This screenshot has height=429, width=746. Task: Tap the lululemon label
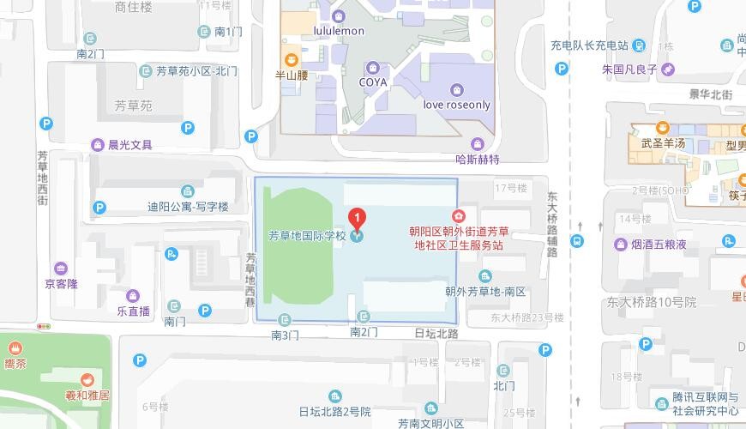339,31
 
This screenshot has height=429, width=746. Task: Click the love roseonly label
457,105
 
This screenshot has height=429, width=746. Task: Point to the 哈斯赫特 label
478,159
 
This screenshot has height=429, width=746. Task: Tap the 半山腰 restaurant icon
291,59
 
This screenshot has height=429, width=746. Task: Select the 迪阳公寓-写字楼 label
188,207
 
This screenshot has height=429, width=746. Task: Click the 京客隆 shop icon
61,268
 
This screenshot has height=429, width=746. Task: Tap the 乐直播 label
134,311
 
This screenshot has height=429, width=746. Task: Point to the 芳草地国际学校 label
306,236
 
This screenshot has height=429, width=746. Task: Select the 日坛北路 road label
436,333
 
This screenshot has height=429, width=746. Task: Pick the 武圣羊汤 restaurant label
663,143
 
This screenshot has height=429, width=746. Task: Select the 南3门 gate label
285,334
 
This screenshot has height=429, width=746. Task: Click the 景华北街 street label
710,95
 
